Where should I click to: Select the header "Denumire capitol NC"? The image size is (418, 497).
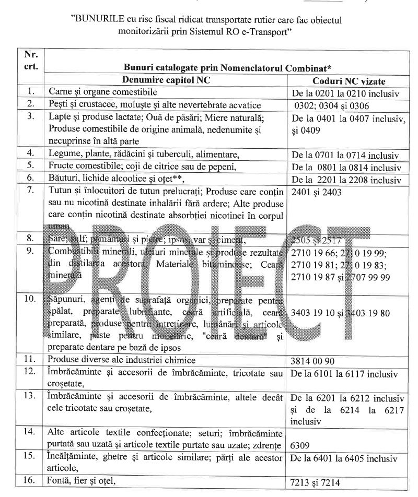coord(166,80)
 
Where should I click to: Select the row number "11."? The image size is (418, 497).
coord(31,359)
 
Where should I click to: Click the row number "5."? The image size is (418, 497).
coord(31,166)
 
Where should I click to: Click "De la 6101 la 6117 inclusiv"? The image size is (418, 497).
coord(347,374)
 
